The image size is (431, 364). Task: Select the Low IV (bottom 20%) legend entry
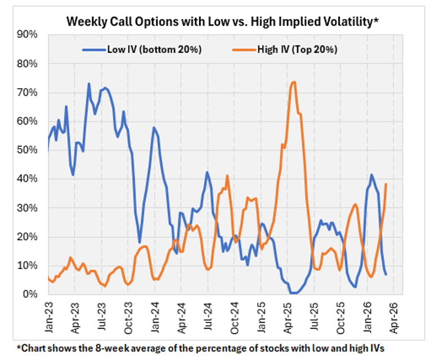point(154,49)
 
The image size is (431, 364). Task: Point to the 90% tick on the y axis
point(28,35)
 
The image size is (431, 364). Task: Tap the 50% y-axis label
point(28,150)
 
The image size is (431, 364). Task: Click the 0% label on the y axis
point(31,294)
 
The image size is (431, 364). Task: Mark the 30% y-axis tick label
point(28,208)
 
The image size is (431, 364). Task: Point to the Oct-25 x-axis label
point(341,313)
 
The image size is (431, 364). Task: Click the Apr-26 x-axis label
point(394,313)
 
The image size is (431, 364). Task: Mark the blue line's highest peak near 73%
point(89,84)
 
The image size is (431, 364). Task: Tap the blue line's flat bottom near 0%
point(293,293)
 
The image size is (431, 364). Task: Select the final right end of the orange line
point(386,184)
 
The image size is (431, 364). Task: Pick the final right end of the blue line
point(386,274)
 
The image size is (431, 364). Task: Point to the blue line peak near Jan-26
point(371,175)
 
